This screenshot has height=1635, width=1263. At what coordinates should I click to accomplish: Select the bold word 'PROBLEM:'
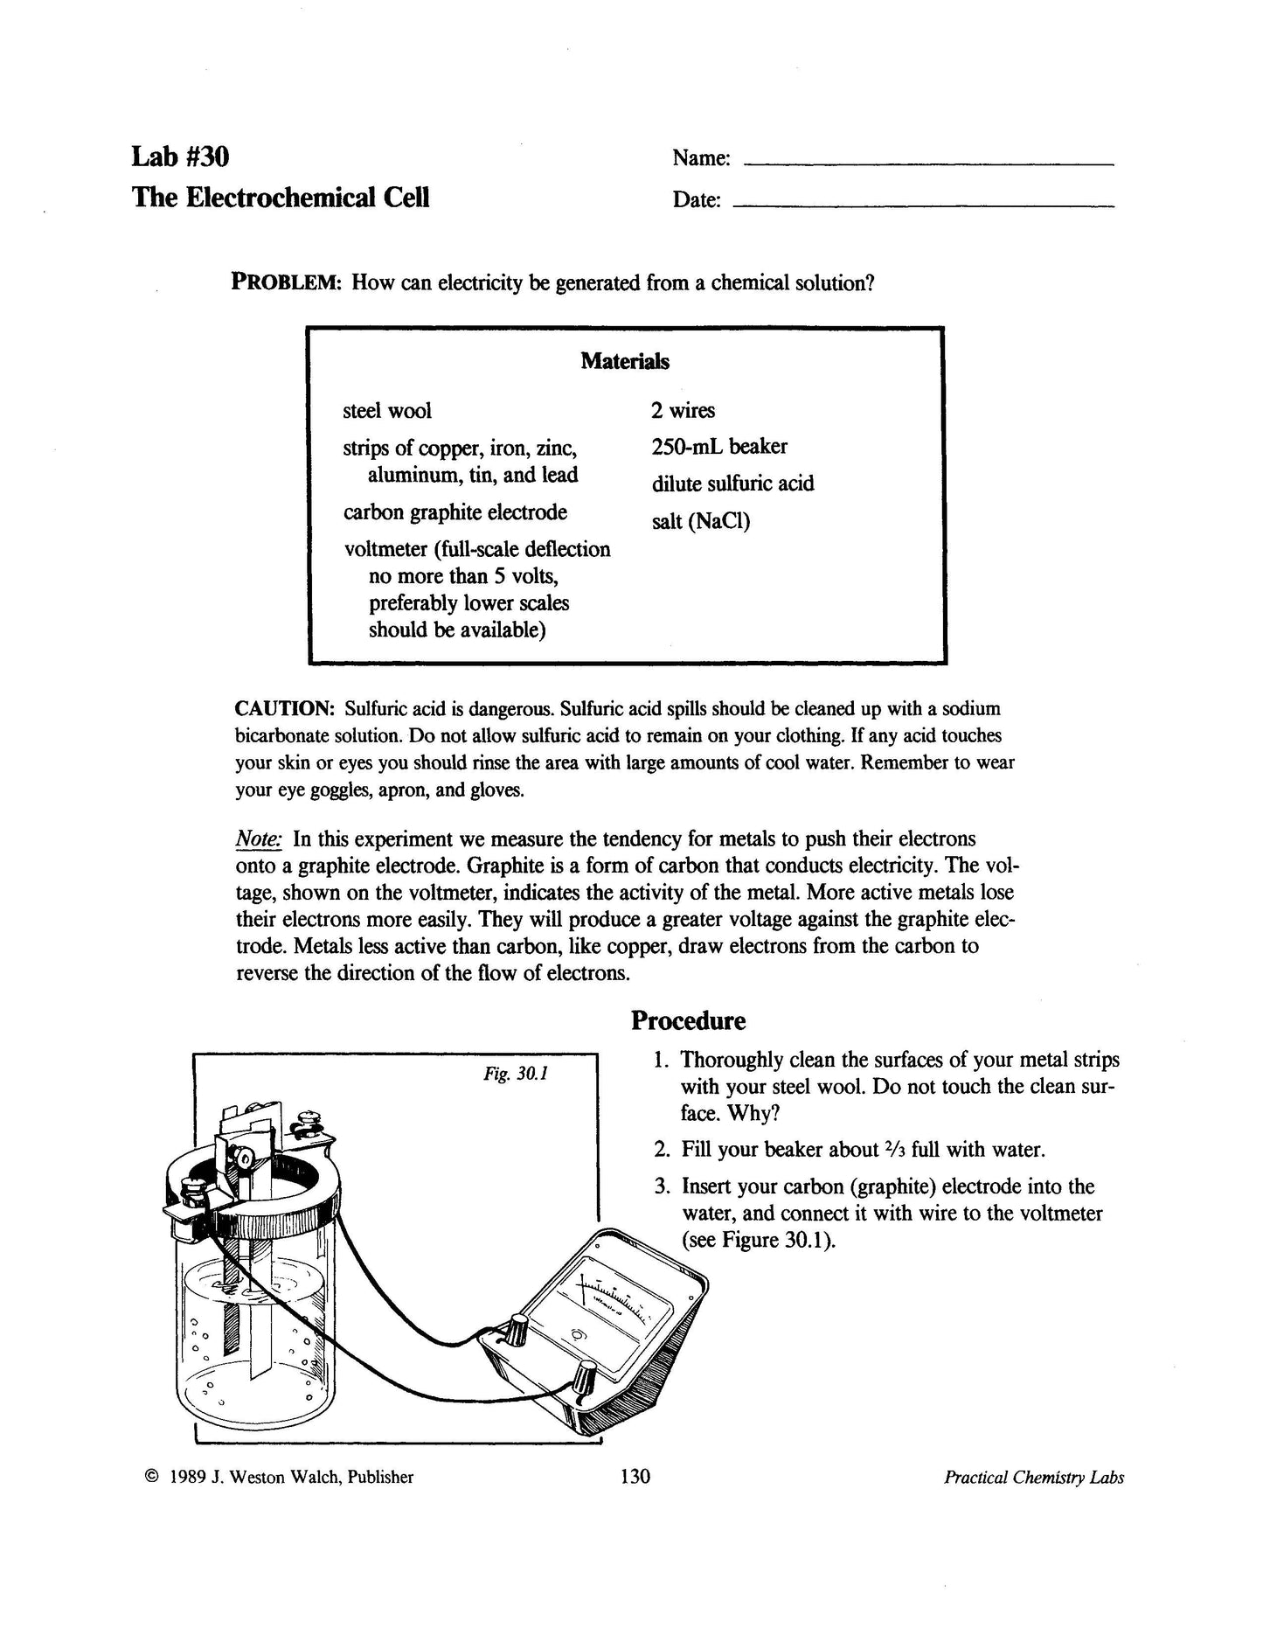coord(285,282)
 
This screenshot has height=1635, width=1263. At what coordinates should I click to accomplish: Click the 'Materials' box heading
coord(625,360)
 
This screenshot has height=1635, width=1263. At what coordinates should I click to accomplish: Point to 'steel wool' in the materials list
coord(387,410)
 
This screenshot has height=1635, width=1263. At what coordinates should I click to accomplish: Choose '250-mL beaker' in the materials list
coord(718,447)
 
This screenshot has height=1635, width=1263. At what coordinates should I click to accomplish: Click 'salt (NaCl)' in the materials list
coord(700,521)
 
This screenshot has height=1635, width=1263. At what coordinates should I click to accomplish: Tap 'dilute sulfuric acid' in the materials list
coord(732,484)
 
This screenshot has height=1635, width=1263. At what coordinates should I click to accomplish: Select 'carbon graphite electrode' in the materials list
coord(455,511)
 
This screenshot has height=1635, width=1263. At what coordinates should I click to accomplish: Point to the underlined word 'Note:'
coord(259,839)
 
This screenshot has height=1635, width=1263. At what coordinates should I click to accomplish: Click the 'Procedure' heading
coord(689,1020)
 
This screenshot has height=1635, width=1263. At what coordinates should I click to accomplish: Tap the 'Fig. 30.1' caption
coord(516,1073)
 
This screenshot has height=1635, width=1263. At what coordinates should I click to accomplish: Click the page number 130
coord(635,1477)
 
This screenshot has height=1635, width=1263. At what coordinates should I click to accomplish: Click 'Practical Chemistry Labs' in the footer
coord(1033,1477)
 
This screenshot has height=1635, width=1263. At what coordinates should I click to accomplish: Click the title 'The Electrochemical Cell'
coord(281,197)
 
